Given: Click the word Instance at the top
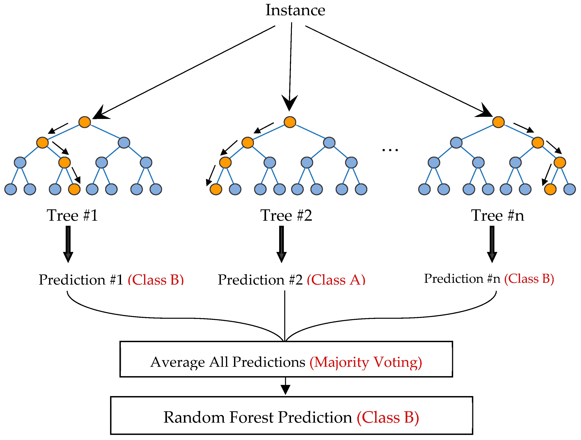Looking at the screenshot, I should (295, 11).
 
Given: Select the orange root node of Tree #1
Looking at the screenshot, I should (85, 122).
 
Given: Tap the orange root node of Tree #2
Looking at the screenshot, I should (290, 122).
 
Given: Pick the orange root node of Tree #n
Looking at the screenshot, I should (498, 122).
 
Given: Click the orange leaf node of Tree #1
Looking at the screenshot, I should (74, 189).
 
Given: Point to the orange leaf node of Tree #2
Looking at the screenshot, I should (216, 189).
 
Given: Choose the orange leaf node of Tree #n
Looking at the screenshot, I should (550, 189).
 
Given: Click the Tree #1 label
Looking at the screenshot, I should (72, 216).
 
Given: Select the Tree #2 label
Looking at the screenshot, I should (286, 216).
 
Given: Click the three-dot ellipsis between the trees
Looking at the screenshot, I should (390, 150).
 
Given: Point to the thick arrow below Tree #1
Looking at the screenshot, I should (68, 244).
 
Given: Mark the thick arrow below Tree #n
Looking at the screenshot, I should (492, 244).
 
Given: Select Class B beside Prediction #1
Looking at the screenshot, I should (156, 280).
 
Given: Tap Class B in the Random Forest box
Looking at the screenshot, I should (388, 417).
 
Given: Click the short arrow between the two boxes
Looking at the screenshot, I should (285, 386).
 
